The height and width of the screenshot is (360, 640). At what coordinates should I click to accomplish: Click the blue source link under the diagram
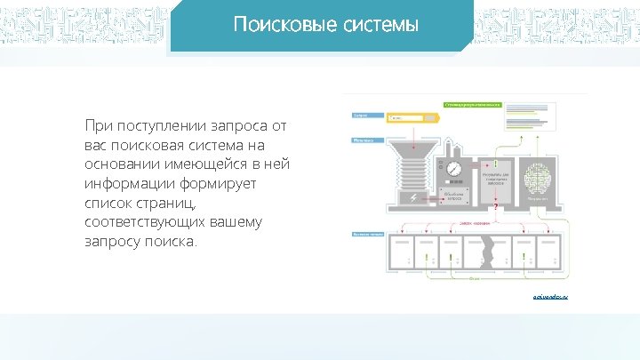(551, 296)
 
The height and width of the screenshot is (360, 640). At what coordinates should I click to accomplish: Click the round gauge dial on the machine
(454, 167)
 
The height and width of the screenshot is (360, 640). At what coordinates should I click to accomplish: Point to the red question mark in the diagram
(494, 208)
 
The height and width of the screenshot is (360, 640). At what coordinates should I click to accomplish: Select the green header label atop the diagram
(473, 103)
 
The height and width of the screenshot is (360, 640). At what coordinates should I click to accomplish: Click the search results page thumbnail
(534, 116)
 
